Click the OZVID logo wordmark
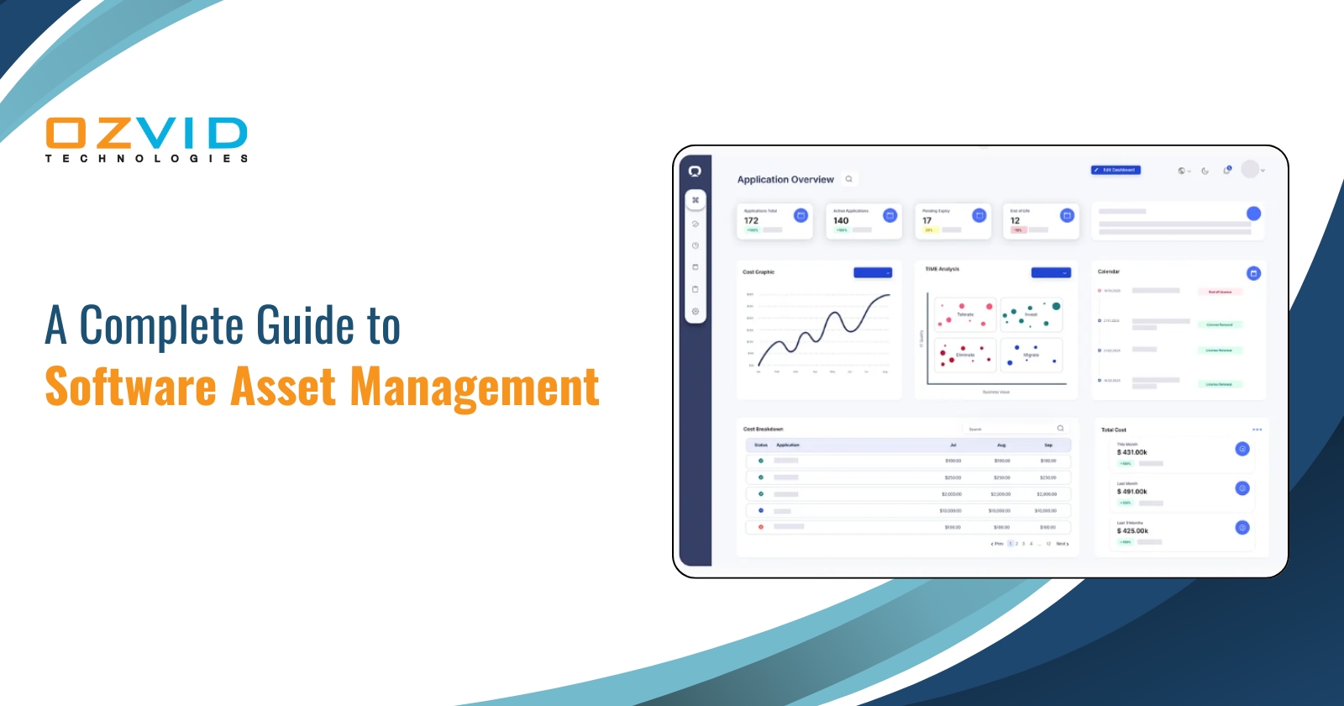[146, 134]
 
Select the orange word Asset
[283, 387]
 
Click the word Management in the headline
[474, 387]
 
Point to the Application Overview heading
[785, 180]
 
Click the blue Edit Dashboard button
[1116, 170]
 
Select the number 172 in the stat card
[751, 221]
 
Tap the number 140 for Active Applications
[841, 221]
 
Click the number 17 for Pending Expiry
[927, 221]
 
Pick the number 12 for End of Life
[1015, 221]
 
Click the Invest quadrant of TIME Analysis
[1032, 314]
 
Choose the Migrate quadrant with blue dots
[1032, 355]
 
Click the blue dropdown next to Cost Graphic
[873, 272]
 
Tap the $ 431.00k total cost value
[1131, 452]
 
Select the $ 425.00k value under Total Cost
[1131, 531]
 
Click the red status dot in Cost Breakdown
[761, 527]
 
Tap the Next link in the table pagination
[1062, 544]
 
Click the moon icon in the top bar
[1205, 171]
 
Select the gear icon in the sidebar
[696, 312]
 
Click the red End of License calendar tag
[1220, 292]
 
